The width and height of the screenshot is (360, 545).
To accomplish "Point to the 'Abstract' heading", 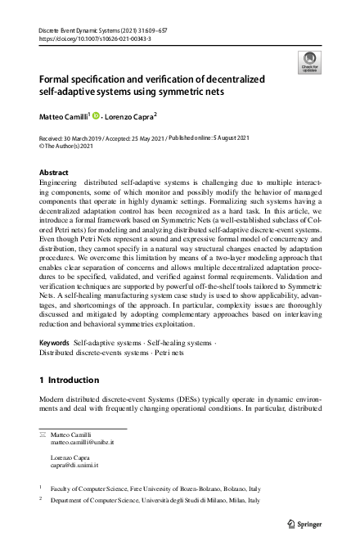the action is click(55, 173).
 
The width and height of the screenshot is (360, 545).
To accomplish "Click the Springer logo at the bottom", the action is click(307, 524).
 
